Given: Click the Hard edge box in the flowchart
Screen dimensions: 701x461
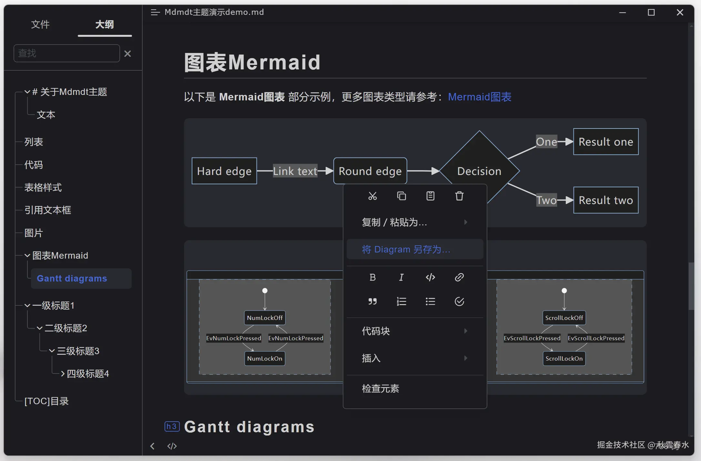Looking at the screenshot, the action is (x=224, y=171).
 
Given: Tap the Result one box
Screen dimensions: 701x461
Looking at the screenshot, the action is (x=606, y=142).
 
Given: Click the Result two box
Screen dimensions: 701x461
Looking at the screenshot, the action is (x=606, y=200).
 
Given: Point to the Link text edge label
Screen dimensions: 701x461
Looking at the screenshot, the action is (x=295, y=171).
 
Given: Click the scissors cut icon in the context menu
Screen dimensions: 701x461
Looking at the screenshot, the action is (x=372, y=196).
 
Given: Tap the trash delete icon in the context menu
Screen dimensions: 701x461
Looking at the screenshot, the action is (x=459, y=196).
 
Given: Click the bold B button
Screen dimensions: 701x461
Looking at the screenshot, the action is (x=372, y=277).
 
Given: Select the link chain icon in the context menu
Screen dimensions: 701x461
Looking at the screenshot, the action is (x=459, y=277).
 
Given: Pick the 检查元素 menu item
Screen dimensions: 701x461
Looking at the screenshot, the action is (x=381, y=388).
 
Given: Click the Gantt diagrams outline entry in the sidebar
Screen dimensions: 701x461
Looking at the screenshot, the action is (x=72, y=278).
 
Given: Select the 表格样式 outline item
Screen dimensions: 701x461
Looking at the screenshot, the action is (x=43, y=188).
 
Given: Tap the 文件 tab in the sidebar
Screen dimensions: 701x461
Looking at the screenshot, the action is (x=40, y=25).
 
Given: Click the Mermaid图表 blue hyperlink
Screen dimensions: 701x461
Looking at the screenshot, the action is (x=480, y=97).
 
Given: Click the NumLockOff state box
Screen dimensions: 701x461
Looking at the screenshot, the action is (x=265, y=318).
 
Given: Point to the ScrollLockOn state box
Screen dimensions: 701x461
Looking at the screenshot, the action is (x=564, y=359).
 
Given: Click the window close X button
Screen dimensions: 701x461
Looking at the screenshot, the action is (x=680, y=13).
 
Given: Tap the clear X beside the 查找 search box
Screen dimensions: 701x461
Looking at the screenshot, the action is (x=127, y=54).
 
